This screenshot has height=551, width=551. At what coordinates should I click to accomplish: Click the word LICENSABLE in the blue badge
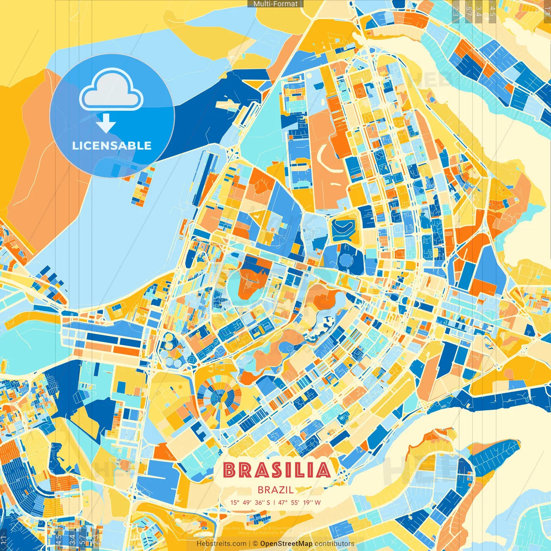point(112,145)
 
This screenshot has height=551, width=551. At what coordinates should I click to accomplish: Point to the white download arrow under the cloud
point(105,123)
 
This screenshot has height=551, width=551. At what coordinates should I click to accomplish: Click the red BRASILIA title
point(277,471)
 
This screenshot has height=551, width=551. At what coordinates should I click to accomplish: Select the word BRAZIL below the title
point(275,490)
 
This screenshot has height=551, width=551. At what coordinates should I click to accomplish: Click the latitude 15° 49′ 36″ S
point(250,502)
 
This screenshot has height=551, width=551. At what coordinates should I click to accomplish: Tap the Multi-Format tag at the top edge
point(275,4)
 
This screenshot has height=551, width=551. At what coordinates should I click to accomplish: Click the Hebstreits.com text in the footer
point(221,544)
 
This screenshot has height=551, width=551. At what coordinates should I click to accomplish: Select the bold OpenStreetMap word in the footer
point(286,544)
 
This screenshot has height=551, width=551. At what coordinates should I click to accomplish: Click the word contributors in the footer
point(334,544)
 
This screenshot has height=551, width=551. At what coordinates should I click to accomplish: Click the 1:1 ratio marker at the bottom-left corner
point(3,539)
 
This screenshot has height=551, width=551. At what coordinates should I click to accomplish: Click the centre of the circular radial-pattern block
point(220,397)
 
